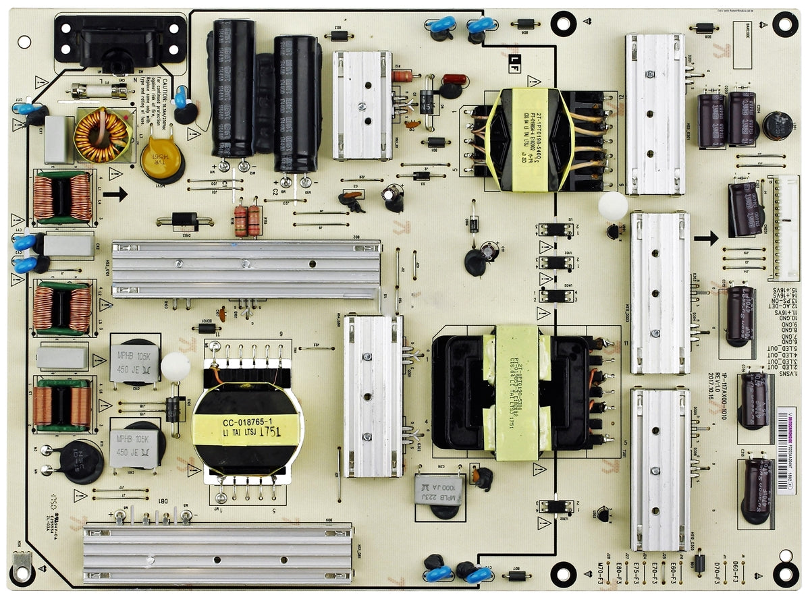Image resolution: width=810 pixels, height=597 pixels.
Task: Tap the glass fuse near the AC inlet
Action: pyautogui.click(x=99, y=90)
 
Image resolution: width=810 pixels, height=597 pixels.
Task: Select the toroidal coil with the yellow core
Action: pyautogui.click(x=103, y=135)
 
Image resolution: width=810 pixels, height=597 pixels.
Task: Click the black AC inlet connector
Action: pyautogui.click(x=119, y=40)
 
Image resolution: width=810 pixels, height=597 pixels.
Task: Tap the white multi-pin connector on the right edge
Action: pyautogui.click(x=784, y=227)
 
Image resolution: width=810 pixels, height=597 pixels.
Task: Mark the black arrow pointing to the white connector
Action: pyautogui.click(x=706, y=237)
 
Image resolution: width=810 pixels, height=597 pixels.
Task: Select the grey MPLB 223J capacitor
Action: pyautogui.click(x=439, y=489)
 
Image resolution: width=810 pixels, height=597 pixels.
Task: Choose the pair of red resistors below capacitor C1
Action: pyautogui.click(x=248, y=221)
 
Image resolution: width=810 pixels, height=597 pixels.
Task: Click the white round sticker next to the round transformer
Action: pyautogui.click(x=175, y=366)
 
